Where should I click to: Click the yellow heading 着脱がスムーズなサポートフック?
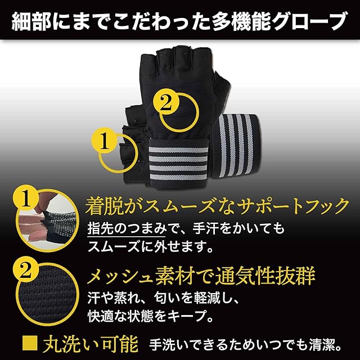tap(217, 206)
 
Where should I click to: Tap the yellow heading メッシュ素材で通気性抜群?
tap(201, 276)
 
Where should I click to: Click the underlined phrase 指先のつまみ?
tap(126, 228)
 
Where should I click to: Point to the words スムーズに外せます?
tap(146, 247)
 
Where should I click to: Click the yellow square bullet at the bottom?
tap(30, 343)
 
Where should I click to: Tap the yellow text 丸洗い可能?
tap(91, 344)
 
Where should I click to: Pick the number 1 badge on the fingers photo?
tap(26, 199)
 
